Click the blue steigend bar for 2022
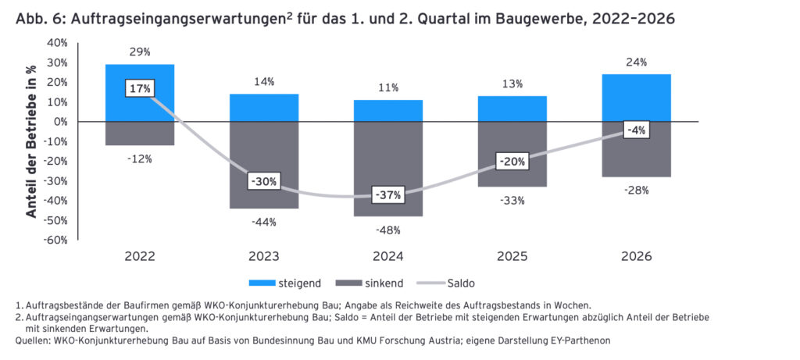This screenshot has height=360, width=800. pyautogui.click(x=140, y=93)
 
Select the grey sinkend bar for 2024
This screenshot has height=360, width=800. pyautogui.click(x=388, y=169)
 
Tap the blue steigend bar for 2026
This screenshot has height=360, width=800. pyautogui.click(x=636, y=98)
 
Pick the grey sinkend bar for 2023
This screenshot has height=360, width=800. pyautogui.click(x=264, y=166)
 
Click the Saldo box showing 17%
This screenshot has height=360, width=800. pyautogui.click(x=140, y=88)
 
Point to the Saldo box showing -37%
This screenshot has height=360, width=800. pyautogui.click(x=388, y=195)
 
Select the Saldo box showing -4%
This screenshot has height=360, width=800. pyautogui.click(x=636, y=130)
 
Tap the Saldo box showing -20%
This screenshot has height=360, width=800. pyautogui.click(x=512, y=162)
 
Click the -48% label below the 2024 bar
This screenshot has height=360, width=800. pyautogui.click(x=388, y=230)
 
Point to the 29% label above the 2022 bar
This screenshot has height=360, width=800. pyautogui.click(x=140, y=52)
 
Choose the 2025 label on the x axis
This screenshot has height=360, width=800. pyautogui.click(x=512, y=256)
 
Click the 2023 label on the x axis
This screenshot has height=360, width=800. pyautogui.click(x=264, y=256)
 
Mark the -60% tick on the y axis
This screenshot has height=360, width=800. pyautogui.click(x=56, y=241)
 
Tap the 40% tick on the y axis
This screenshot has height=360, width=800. pyautogui.click(x=58, y=43)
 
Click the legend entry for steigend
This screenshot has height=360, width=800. pyautogui.click(x=287, y=283)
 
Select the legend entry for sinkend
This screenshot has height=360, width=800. pyautogui.click(x=370, y=283)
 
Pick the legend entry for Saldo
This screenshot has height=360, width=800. pyautogui.click(x=446, y=283)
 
